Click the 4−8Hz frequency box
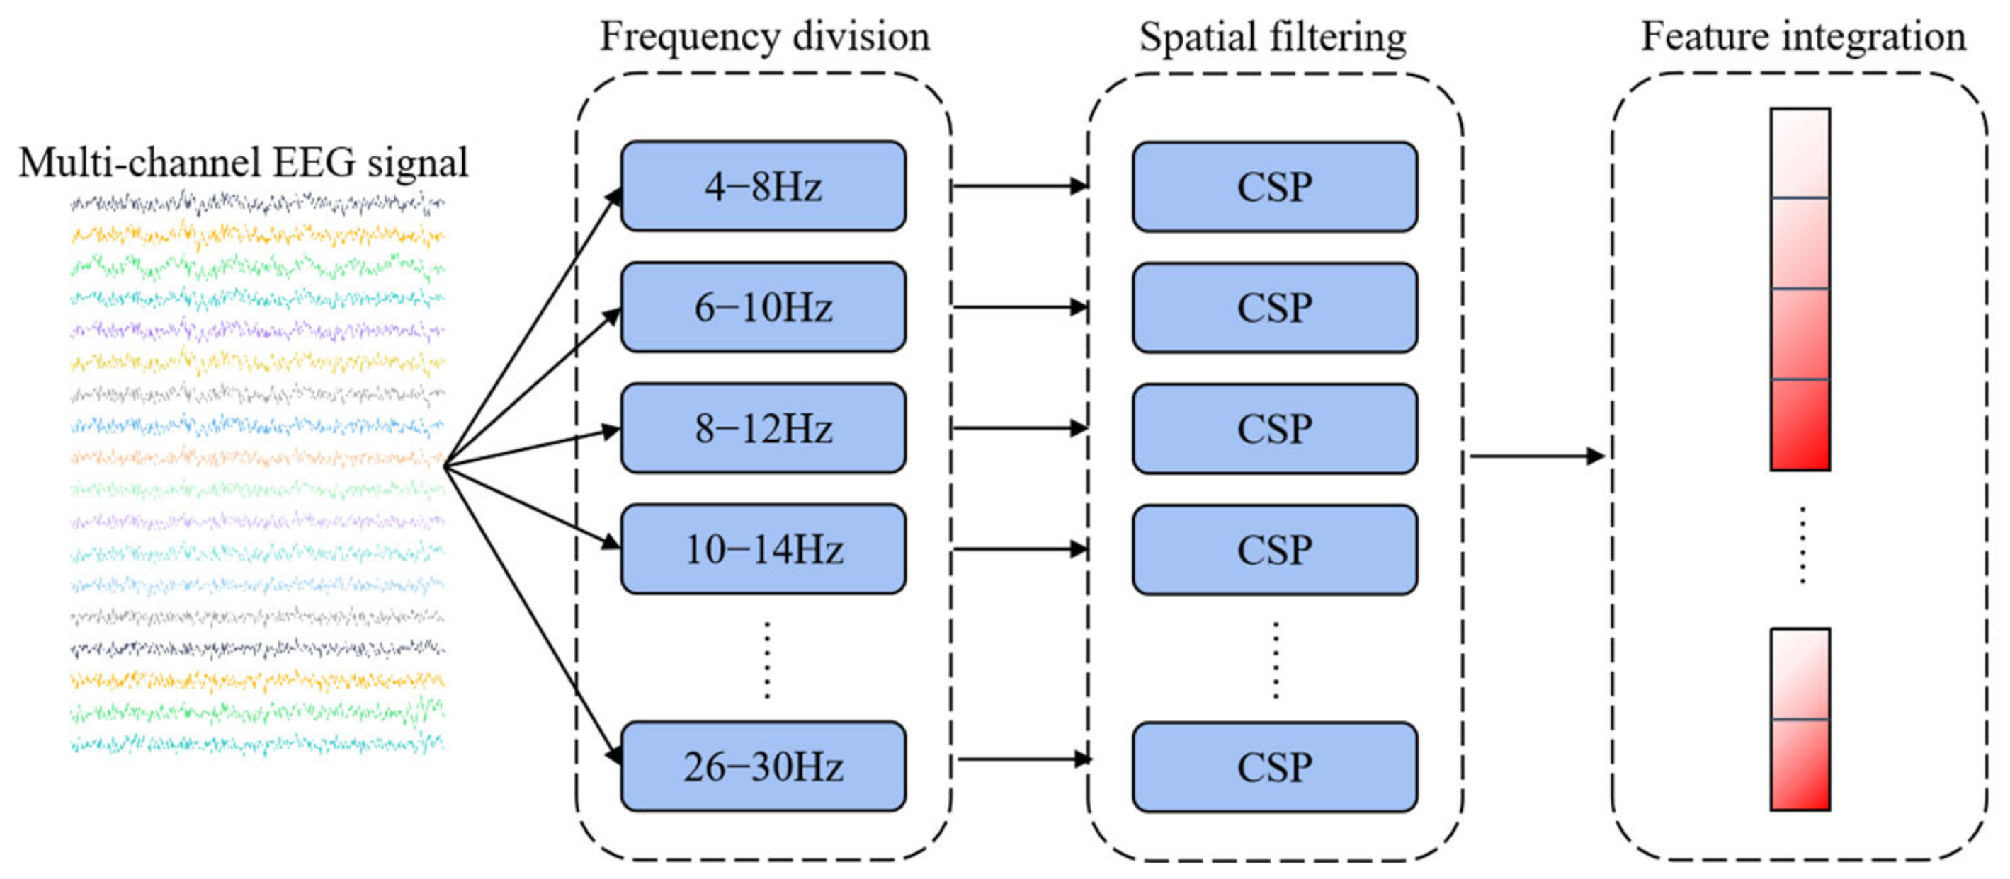(x=763, y=186)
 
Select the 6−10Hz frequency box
(x=763, y=307)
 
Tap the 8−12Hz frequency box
(x=763, y=428)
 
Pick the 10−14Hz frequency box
(x=763, y=549)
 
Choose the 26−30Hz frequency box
(x=763, y=766)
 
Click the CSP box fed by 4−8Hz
(x=1274, y=186)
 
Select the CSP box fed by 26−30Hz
(x=1274, y=766)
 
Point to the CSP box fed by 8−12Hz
(x=1274, y=428)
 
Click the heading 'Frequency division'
(x=764, y=37)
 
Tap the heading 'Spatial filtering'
(x=1273, y=37)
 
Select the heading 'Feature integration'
(x=1802, y=37)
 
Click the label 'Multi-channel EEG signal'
(x=244, y=163)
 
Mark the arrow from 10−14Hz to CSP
(x=1018, y=549)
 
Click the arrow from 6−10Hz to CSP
(x=1018, y=307)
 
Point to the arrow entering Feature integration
(x=1535, y=456)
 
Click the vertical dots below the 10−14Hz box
(x=767, y=659)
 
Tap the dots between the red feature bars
(x=1802, y=546)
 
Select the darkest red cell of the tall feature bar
(x=1800, y=425)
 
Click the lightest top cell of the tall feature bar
(x=1800, y=154)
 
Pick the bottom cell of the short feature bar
(x=1800, y=764)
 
